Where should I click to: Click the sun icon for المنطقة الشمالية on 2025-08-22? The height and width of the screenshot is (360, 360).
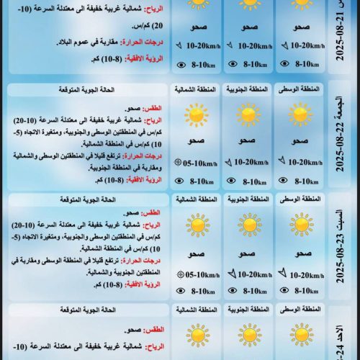pos(196,114)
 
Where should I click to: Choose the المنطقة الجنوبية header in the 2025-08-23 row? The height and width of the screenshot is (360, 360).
pos(250,199)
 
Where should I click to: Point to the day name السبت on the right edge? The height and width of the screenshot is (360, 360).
pos(346,211)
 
